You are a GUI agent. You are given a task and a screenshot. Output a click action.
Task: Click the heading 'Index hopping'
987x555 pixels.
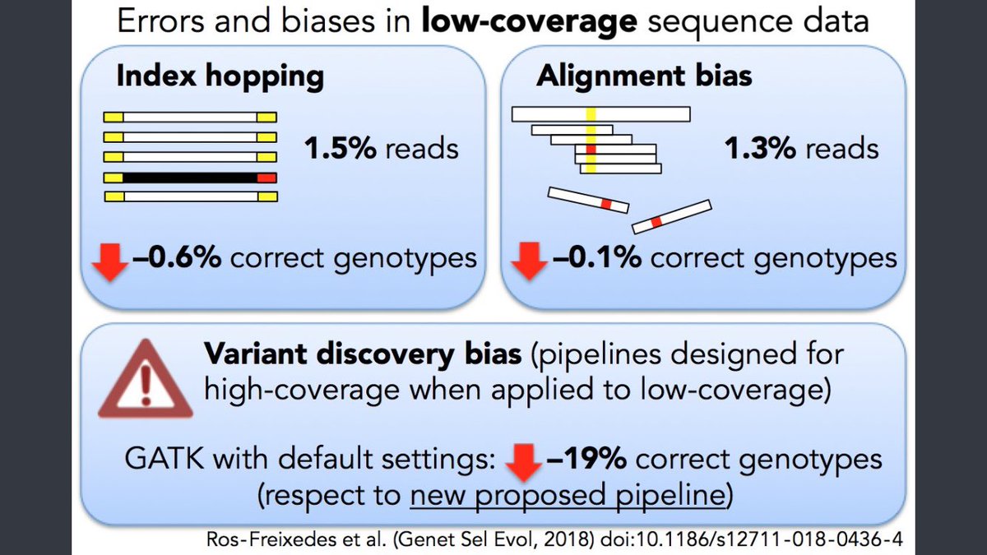click(220, 76)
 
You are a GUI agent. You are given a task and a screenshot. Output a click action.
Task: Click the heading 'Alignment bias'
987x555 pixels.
click(644, 76)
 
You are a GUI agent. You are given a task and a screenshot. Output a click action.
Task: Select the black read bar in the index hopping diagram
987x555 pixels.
click(190, 177)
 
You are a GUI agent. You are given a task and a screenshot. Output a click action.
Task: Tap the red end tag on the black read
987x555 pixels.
click(266, 177)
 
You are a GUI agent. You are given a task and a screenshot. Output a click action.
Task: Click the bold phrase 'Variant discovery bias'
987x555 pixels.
click(362, 355)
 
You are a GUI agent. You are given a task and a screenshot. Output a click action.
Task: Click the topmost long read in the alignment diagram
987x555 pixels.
click(600, 113)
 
